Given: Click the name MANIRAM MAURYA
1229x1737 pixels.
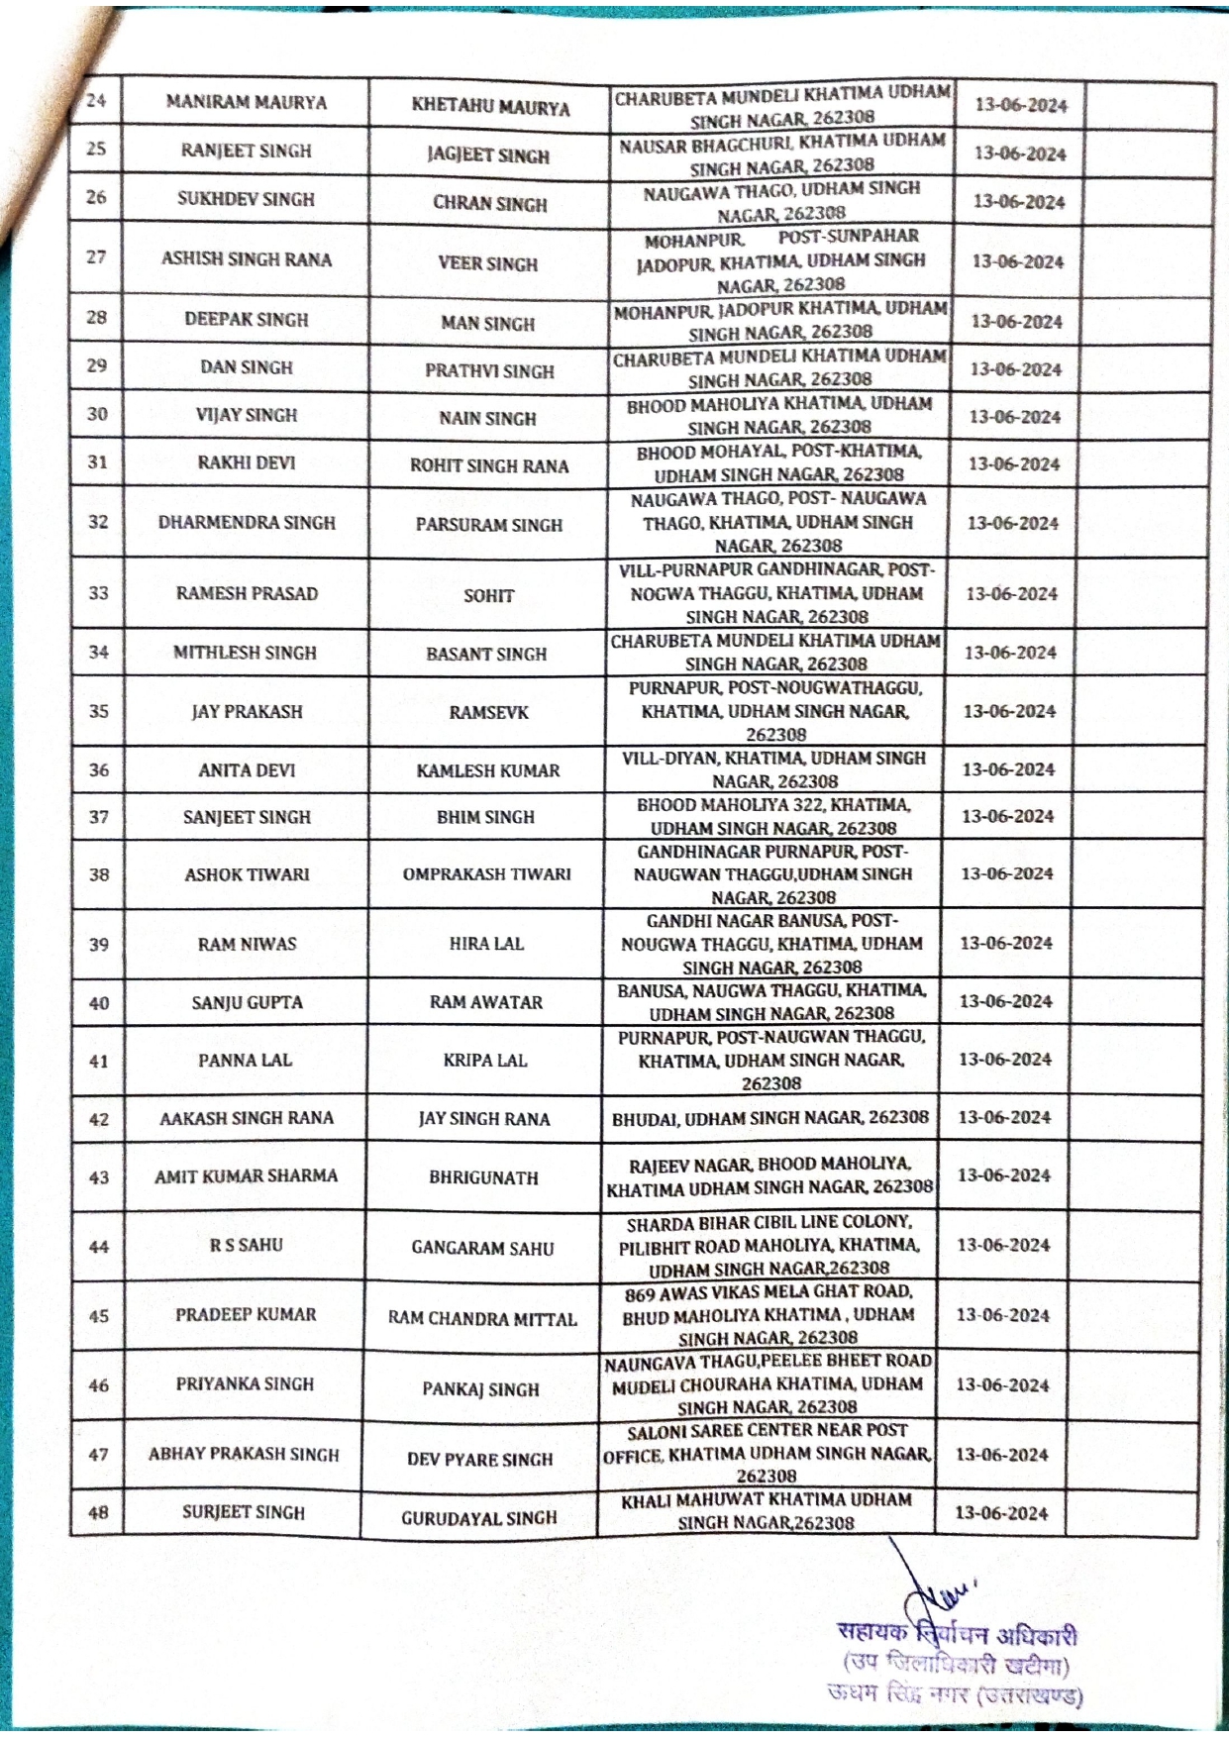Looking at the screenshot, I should coord(246,102).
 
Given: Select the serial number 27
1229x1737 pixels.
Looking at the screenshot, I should coord(96,257).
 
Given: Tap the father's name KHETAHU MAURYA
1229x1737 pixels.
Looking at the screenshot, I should coord(490,107).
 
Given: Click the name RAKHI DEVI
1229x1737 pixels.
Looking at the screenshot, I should coord(247,462).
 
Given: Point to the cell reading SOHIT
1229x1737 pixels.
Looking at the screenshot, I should coord(488,595).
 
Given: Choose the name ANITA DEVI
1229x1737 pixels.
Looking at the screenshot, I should coord(247,769).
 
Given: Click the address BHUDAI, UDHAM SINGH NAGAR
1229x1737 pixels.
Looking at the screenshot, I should coord(769,1118).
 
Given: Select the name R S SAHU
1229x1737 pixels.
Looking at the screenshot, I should coord(246,1245).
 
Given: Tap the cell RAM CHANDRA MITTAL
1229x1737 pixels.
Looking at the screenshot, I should coord(482,1319).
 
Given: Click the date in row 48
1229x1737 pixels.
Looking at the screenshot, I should coord(1001,1513).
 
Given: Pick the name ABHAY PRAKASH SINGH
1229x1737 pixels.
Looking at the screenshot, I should coord(244,1455).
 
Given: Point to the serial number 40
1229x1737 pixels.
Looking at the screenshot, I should coord(99,1003).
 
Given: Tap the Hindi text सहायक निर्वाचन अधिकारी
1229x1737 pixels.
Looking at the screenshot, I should coord(957,1634).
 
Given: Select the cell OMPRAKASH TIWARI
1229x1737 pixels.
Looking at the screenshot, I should coord(486,874).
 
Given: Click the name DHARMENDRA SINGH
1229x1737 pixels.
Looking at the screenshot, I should coord(247,523).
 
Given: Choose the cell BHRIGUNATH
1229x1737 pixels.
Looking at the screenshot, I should coord(483,1177).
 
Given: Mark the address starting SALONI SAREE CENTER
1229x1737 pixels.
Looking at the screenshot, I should coord(768,1454).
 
